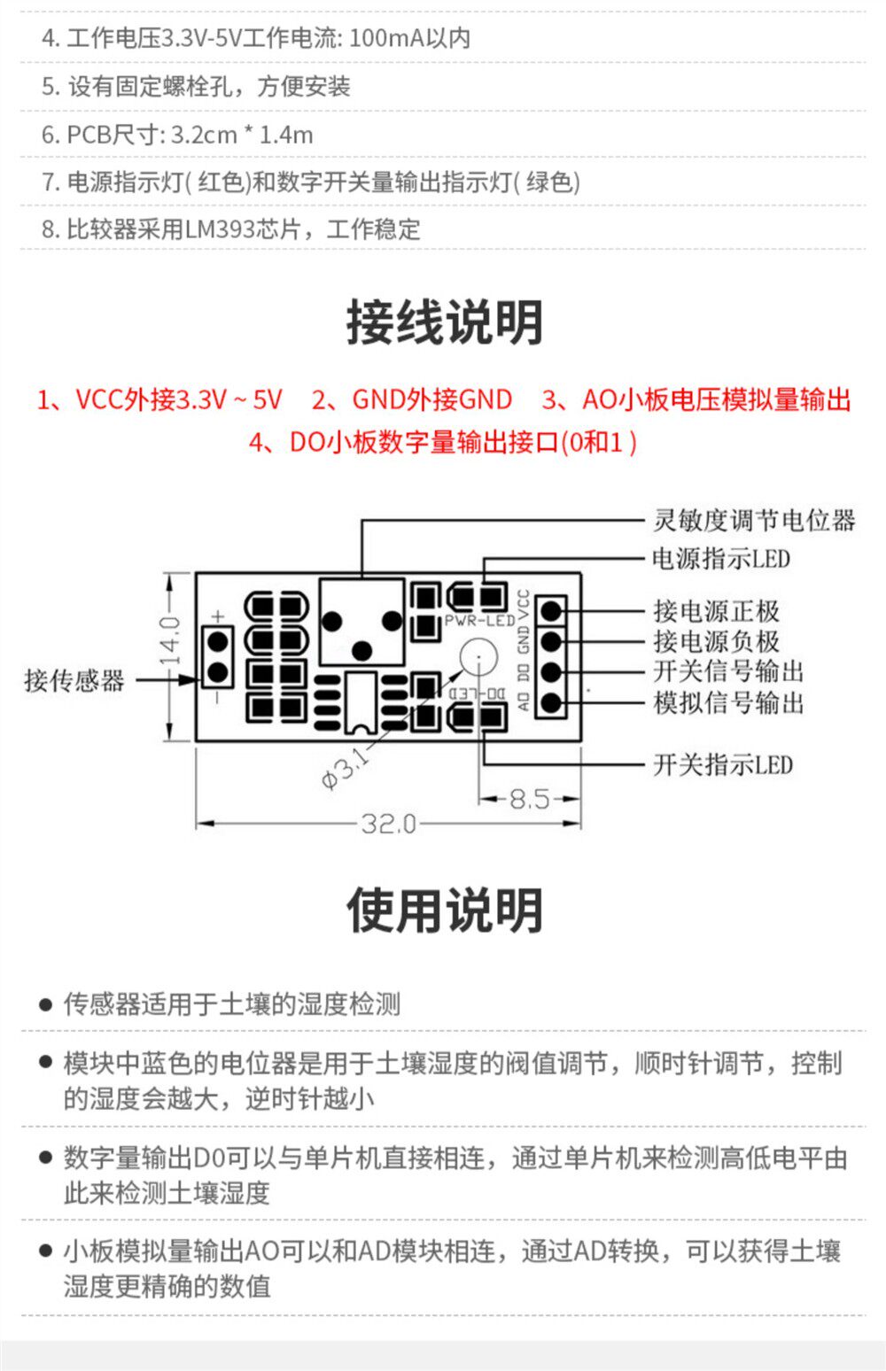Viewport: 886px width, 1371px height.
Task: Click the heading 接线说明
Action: (x=444, y=322)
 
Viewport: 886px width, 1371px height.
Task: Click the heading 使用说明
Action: (x=444, y=910)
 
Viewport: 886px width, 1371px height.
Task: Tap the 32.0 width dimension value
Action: (x=389, y=825)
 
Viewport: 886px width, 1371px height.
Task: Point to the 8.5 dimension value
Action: (x=529, y=799)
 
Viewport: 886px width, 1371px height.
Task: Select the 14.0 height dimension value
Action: (x=170, y=640)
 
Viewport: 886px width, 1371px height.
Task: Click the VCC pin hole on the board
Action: (x=551, y=609)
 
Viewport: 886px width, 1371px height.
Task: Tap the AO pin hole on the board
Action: (x=551, y=703)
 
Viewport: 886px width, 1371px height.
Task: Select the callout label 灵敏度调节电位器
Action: (x=754, y=520)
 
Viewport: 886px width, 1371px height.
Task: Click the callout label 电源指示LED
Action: (x=721, y=559)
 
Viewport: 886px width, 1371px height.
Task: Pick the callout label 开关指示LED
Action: (x=723, y=764)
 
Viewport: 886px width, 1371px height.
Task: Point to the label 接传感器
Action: (x=74, y=680)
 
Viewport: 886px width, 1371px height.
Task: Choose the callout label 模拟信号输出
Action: (x=728, y=703)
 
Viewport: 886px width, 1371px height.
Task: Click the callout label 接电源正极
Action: (x=717, y=610)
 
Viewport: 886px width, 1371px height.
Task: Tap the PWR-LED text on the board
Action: (x=479, y=620)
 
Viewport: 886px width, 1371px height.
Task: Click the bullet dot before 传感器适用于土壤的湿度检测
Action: (x=45, y=1004)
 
